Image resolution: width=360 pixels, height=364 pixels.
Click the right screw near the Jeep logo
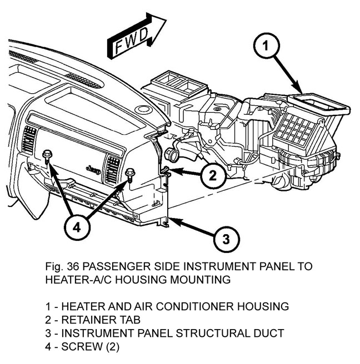click(129, 173)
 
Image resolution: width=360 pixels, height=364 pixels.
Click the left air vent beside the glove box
click(29, 139)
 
